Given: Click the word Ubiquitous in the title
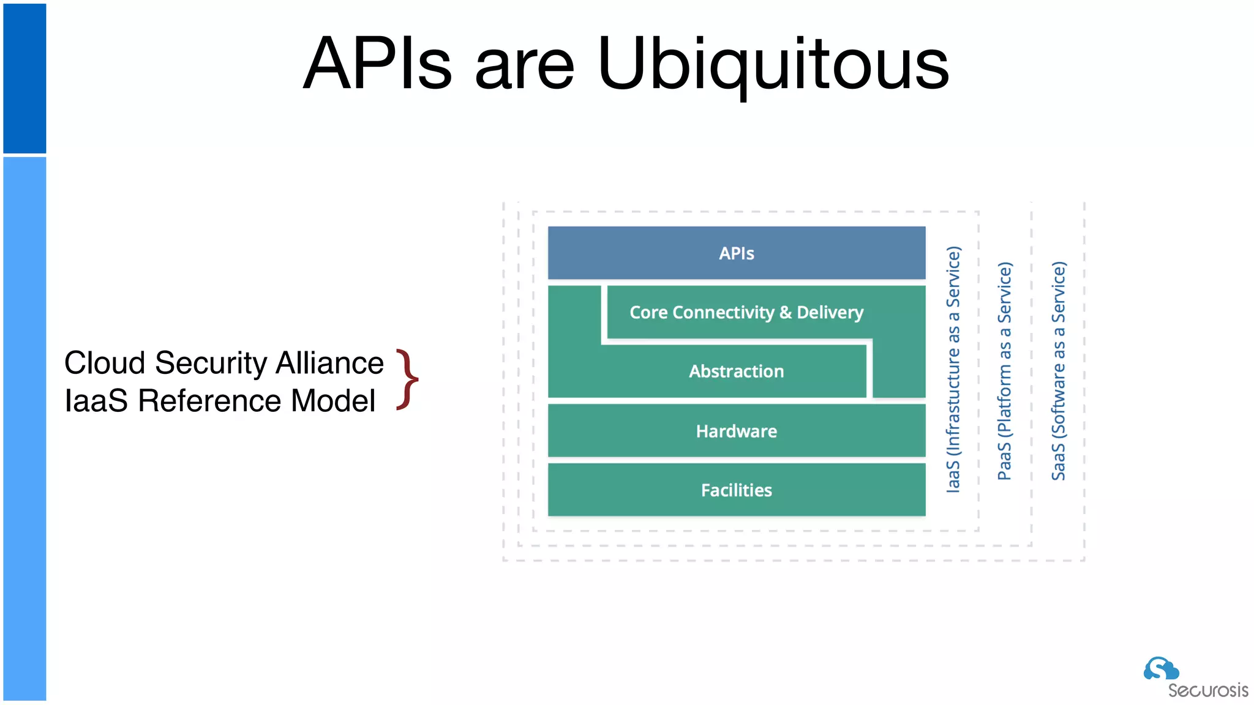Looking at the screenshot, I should pyautogui.click(x=773, y=64).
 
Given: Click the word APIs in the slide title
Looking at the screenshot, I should pyautogui.click(x=378, y=64).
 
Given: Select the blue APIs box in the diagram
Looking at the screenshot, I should pyautogui.click(x=737, y=253).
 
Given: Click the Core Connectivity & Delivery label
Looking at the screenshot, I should pyautogui.click(x=746, y=313).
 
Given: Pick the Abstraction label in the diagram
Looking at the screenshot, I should pyautogui.click(x=736, y=371).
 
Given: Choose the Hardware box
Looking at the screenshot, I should pyautogui.click(x=737, y=431).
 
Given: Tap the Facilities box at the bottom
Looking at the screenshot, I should pyautogui.click(x=737, y=490).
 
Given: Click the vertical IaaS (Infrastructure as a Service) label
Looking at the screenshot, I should pyautogui.click(x=953, y=370).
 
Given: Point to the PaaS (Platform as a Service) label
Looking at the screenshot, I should pyautogui.click(x=1005, y=371).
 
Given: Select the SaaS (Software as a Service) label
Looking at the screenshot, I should pyautogui.click(x=1059, y=371).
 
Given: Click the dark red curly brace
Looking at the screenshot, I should pyautogui.click(x=407, y=379).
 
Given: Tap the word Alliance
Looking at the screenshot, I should pyautogui.click(x=329, y=363).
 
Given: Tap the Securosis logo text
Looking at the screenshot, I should pyautogui.click(x=1207, y=691).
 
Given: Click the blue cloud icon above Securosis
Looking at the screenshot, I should pyautogui.click(x=1161, y=668).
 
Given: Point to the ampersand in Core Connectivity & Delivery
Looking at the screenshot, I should pyautogui.click(x=786, y=313).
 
